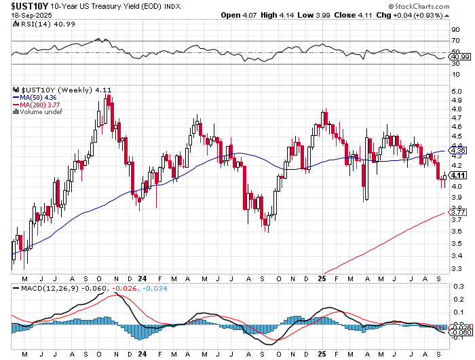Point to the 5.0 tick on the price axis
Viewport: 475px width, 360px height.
click(457, 90)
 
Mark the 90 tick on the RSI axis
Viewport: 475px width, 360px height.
click(455, 31)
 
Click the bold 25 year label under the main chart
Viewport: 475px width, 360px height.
click(322, 278)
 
